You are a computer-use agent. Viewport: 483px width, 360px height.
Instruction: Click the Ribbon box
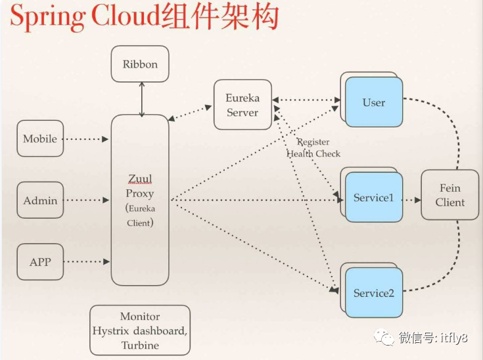140,64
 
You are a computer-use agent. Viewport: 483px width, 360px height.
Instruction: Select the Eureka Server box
242,105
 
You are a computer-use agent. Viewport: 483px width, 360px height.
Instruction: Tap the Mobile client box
40,139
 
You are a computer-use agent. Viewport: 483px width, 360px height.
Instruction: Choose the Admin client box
40,200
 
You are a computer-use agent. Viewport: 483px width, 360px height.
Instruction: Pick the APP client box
40,261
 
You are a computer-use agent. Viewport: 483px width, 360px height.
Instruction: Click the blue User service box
374,102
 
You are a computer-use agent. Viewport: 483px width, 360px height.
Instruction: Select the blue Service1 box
374,198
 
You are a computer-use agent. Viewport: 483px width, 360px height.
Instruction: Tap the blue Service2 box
374,293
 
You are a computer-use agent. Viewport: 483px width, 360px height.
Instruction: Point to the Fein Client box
450,195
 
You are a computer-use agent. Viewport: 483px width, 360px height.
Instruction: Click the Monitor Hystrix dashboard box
140,330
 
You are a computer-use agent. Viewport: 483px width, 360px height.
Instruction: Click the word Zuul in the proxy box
140,179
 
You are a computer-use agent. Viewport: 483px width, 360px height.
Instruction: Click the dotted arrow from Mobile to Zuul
87,139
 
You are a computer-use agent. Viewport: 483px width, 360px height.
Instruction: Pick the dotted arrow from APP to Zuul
87,261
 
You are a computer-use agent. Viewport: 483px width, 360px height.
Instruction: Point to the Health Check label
313,154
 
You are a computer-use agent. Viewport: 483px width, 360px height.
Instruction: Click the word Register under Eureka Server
313,142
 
